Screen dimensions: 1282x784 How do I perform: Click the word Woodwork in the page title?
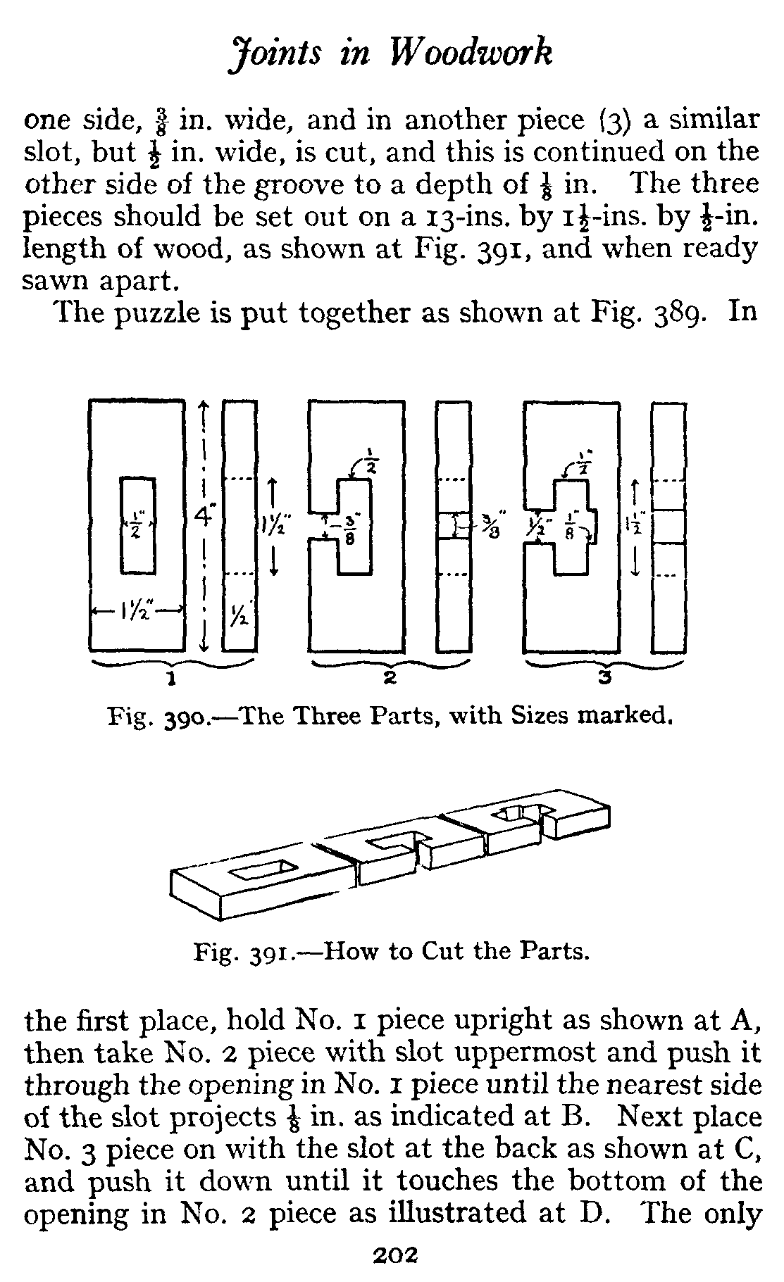tap(470, 54)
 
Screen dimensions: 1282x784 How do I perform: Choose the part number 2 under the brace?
tap(390, 679)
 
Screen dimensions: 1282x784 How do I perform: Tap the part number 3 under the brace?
tap(603, 679)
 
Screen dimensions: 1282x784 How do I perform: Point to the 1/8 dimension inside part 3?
tap(570, 528)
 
